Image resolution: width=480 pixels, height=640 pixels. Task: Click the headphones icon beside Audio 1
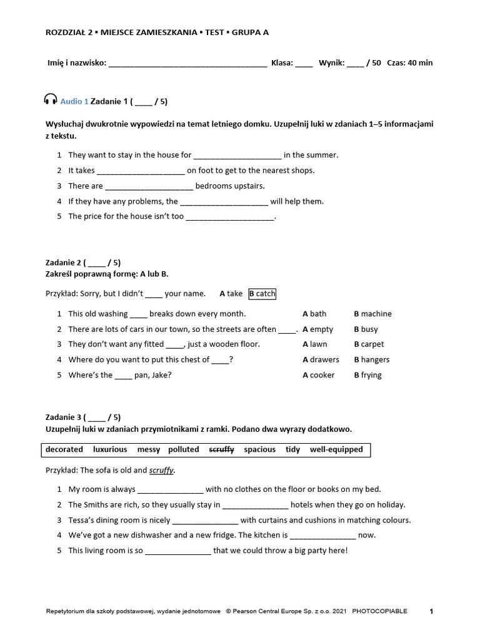click(x=51, y=100)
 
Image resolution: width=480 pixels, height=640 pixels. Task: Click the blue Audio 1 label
click(x=74, y=101)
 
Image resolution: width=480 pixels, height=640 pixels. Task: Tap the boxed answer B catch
click(x=262, y=294)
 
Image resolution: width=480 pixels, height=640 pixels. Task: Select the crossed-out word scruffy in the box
click(x=221, y=449)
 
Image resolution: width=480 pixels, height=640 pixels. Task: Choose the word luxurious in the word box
click(x=110, y=449)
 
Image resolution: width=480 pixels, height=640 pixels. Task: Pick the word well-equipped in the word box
click(x=336, y=449)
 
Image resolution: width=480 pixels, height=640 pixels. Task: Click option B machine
click(x=372, y=314)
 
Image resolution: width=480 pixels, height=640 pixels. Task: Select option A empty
click(x=317, y=329)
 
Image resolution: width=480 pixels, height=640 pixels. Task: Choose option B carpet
click(x=369, y=344)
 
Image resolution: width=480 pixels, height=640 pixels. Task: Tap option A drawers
click(x=321, y=360)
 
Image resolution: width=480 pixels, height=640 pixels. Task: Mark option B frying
click(x=367, y=375)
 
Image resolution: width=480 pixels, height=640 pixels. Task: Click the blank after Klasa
click(x=304, y=63)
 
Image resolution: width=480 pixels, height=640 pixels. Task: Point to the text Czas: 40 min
click(x=409, y=63)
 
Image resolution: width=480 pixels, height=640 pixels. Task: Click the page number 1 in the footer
click(x=431, y=611)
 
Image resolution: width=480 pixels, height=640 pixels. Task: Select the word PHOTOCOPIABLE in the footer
click(x=379, y=611)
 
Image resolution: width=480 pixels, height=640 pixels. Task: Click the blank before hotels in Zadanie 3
click(x=255, y=505)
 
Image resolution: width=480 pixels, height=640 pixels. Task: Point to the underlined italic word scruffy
click(x=161, y=470)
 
